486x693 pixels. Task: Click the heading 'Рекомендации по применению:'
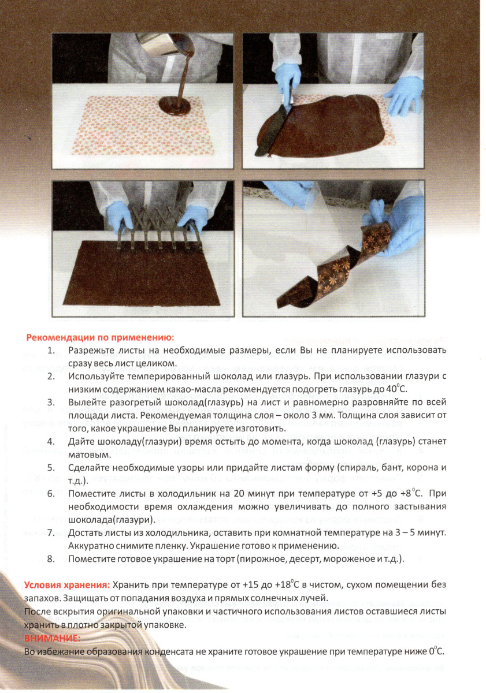100,337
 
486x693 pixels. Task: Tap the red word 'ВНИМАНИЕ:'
52,638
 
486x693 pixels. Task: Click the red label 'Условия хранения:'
67,585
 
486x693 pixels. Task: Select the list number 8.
51,560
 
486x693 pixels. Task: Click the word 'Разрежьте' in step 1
91,351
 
